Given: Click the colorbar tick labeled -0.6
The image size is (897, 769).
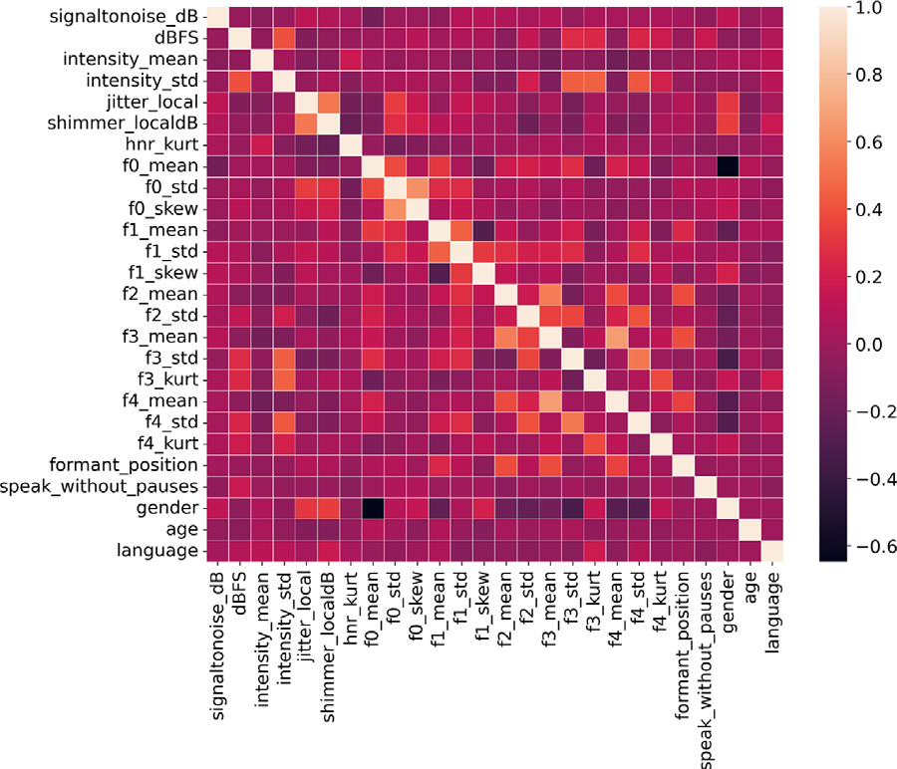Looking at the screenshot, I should pyautogui.click(x=870, y=546).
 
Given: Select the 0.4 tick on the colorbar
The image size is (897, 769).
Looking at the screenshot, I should pyautogui.click(x=870, y=210).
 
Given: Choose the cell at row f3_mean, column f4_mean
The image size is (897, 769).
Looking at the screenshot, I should pyautogui.click(x=615, y=338).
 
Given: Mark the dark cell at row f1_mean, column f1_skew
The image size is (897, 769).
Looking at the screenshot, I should pyautogui.click(x=481, y=231).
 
